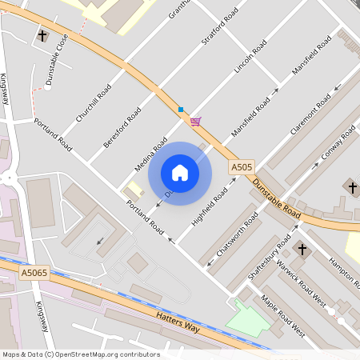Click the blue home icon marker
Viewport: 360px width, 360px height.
180,172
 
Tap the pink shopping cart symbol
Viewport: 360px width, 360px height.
195,122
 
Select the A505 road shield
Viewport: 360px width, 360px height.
242,167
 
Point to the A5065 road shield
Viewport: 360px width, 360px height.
34,273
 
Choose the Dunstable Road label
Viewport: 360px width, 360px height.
275,201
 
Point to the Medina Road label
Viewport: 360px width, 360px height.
150,157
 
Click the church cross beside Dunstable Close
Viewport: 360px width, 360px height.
43,37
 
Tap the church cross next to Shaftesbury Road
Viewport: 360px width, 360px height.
302,249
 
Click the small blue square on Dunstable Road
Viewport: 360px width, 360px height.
181,109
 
